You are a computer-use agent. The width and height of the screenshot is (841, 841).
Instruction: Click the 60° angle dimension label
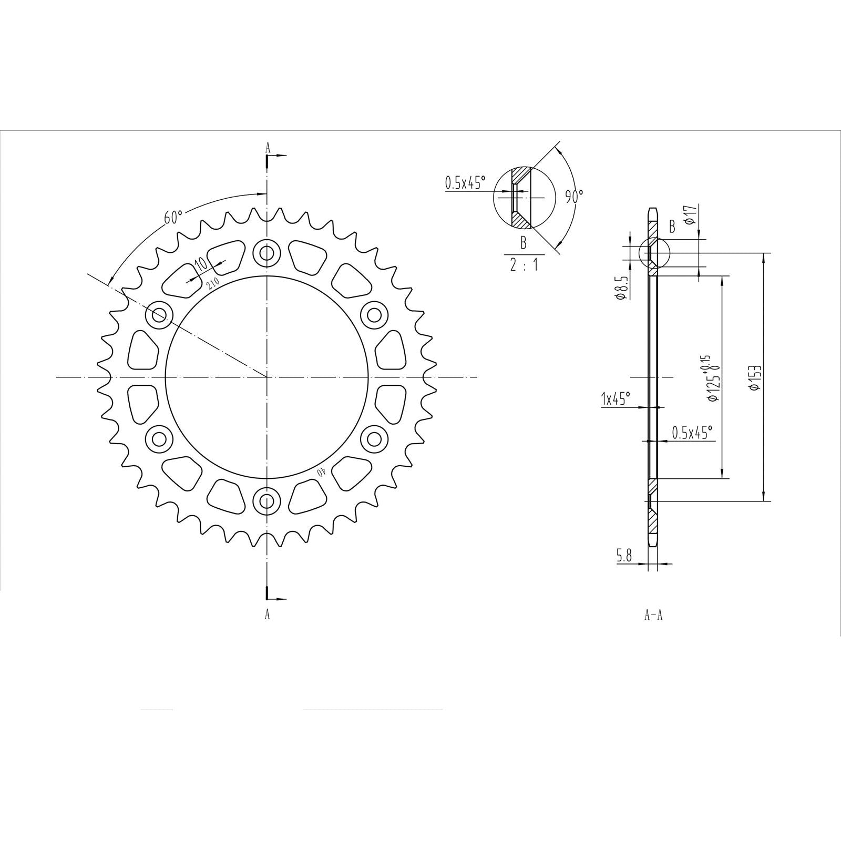pos(173,217)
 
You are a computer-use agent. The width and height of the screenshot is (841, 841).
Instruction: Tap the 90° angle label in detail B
pos(574,197)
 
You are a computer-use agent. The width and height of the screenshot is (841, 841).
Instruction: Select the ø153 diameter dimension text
pos(756,378)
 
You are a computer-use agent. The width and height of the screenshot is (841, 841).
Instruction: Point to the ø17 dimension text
pos(692,214)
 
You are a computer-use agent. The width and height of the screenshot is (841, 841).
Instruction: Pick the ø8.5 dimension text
pos(620,288)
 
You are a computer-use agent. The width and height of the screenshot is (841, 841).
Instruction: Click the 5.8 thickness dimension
pos(624,556)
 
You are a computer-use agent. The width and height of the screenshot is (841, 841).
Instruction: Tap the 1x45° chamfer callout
pos(616,399)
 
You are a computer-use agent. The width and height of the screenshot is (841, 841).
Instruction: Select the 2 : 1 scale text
pos(524,264)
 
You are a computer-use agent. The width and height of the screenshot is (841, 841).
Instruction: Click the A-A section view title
pos(653,614)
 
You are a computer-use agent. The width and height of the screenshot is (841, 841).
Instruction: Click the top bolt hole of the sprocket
pos(267,253)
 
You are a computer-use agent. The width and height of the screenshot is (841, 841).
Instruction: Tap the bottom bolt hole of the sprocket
pos(267,501)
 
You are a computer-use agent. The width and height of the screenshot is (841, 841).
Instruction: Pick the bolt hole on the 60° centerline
pos(160,315)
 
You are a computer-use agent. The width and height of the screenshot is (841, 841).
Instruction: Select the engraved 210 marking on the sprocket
pos(213,284)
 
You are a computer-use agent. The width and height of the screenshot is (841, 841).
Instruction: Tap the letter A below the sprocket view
pos(267,614)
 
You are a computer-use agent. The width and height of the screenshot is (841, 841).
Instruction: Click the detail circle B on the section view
pos(654,253)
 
